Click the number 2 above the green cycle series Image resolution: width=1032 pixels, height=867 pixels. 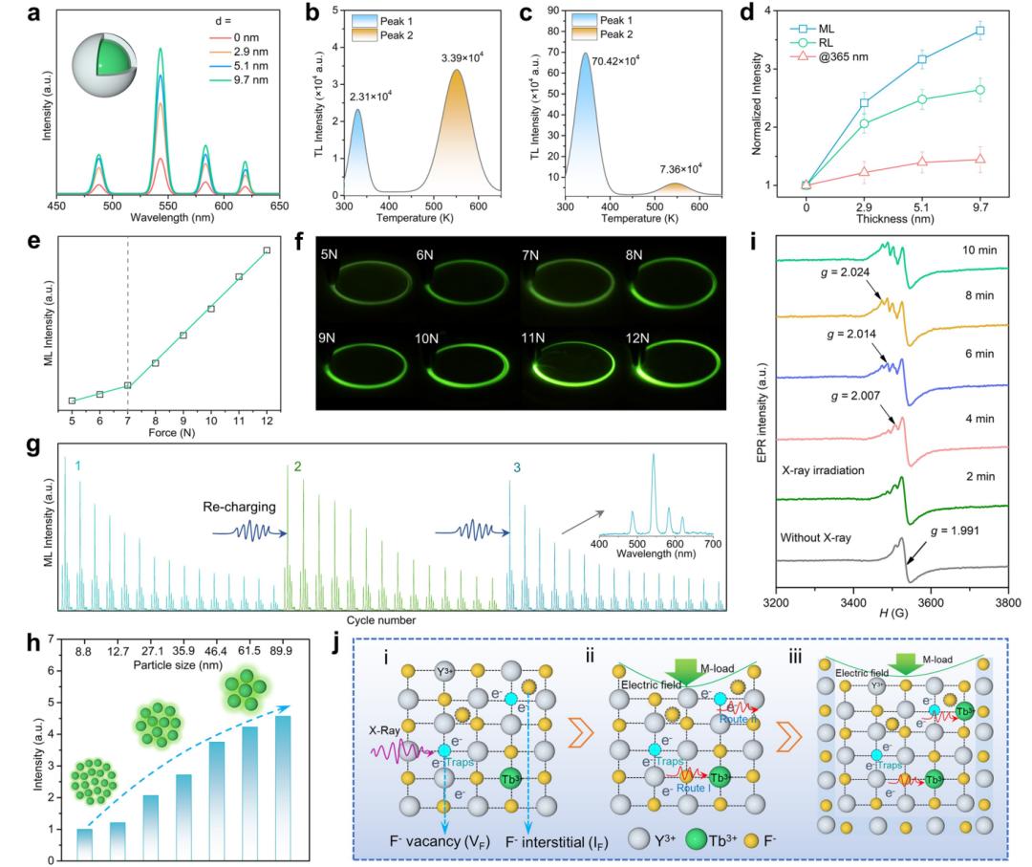pyautogui.click(x=297, y=467)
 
